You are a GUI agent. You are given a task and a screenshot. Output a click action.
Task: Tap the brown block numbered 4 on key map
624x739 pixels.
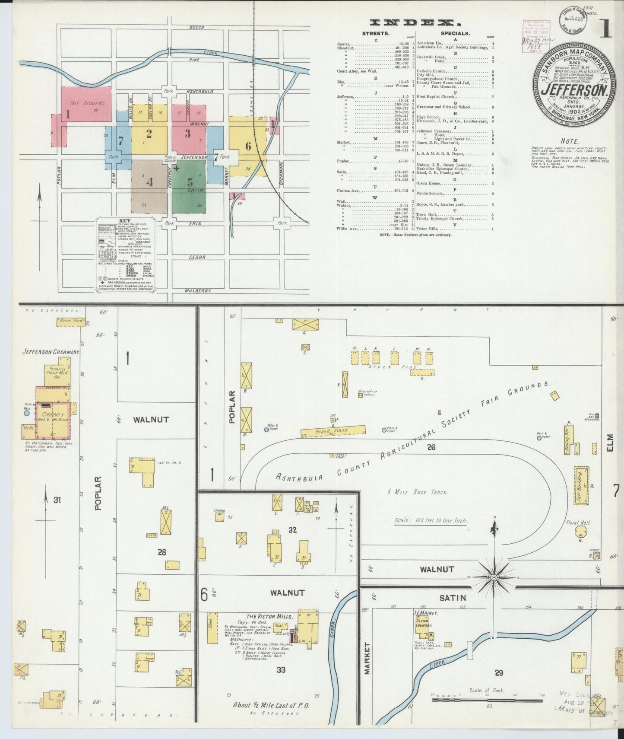[149, 182]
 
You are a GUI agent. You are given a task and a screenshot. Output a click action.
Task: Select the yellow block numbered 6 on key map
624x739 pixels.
[248, 146]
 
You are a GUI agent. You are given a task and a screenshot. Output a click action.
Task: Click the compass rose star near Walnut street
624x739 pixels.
[494, 577]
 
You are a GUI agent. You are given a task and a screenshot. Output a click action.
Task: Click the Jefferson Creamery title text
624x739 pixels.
[51, 352]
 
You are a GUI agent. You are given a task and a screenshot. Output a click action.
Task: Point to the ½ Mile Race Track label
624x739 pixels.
[418, 492]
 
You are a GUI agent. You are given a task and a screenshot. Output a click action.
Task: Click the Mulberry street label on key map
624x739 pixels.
[197, 291]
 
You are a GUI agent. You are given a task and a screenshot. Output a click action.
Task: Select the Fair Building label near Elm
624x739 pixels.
[580, 486]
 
